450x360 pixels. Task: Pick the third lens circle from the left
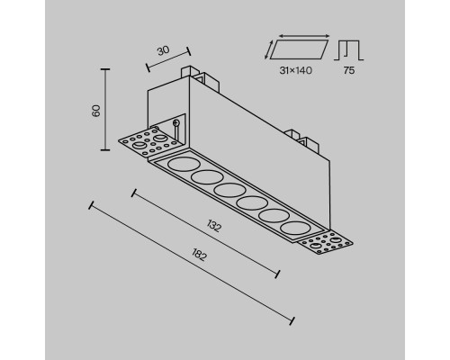[x=229, y=191]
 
